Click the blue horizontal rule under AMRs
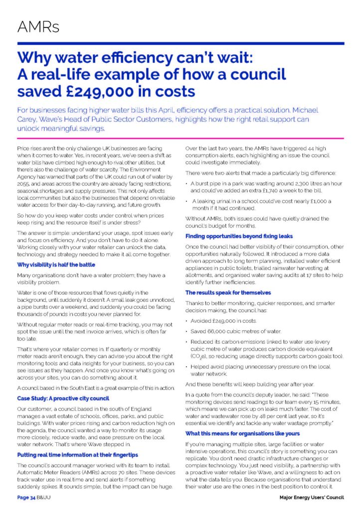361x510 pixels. [x=180, y=44]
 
